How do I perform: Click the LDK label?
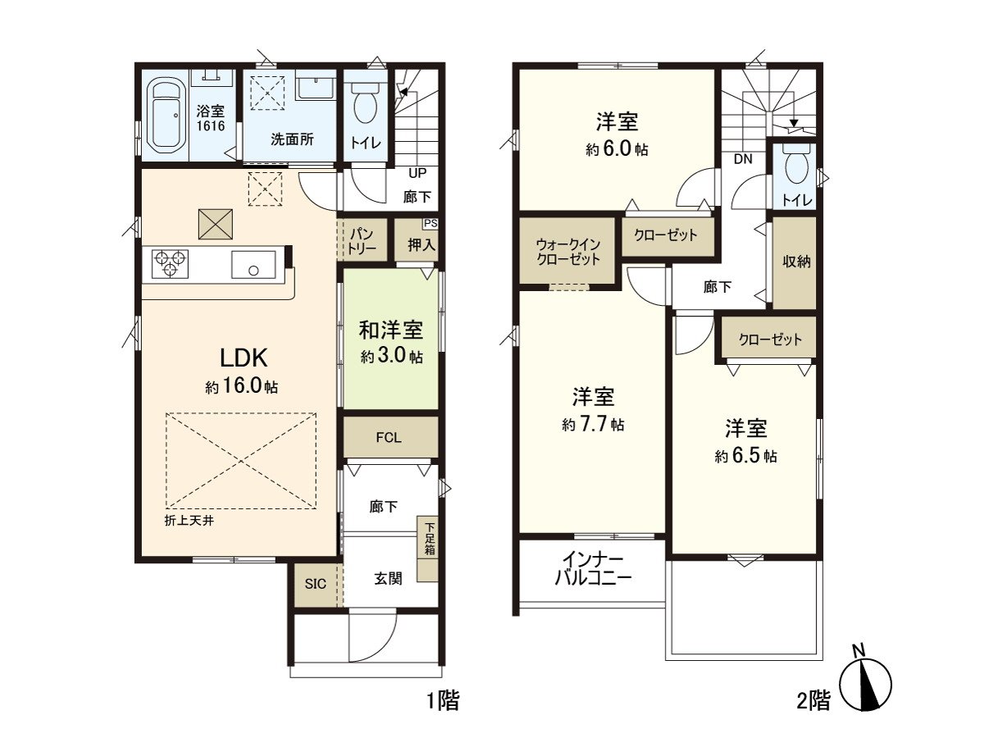tap(242, 358)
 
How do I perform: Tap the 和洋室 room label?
tap(391, 330)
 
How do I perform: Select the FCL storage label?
tap(389, 438)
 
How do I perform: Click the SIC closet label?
tap(316, 584)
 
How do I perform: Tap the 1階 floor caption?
tap(442, 701)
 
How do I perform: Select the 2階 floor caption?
tap(813, 701)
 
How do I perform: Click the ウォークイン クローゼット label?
tap(567, 251)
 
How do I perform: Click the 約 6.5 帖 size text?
tap(745, 456)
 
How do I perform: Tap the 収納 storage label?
tap(795, 262)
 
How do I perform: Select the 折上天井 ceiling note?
tap(189, 521)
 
